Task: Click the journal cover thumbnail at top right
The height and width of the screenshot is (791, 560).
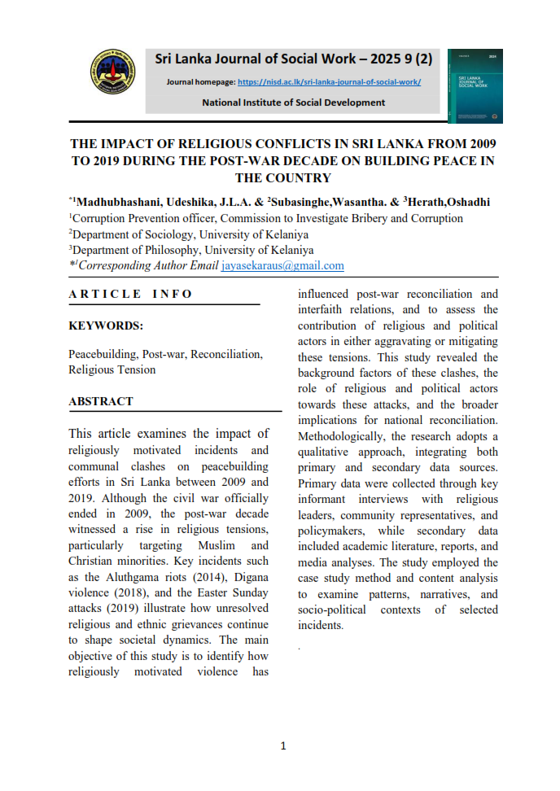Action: pos(475,85)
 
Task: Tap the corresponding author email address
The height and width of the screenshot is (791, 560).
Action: pos(282,265)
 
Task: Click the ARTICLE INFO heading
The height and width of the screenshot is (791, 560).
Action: pos(131,294)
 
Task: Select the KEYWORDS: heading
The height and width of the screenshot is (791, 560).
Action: pos(106,326)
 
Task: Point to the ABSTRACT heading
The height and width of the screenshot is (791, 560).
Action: pos(101,401)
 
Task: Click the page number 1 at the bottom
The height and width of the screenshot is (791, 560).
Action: pos(282,745)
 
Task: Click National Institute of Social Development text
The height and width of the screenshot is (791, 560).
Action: pos(293,103)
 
